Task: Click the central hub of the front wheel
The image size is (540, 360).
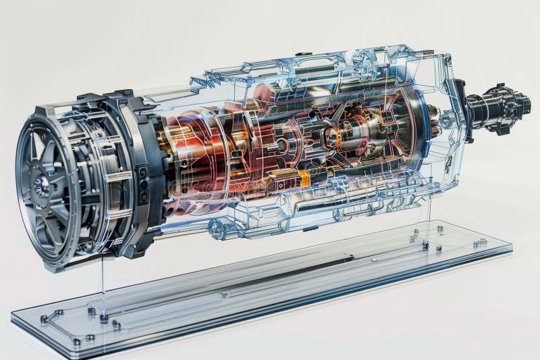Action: [x=42, y=186]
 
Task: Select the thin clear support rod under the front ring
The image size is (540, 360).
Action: [x=103, y=284]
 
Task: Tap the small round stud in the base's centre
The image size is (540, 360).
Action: [x=225, y=294]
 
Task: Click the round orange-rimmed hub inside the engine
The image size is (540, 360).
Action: [x=331, y=137]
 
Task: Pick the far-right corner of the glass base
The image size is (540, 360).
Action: [x=510, y=248]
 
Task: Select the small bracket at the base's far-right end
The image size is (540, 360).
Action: [x=480, y=242]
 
